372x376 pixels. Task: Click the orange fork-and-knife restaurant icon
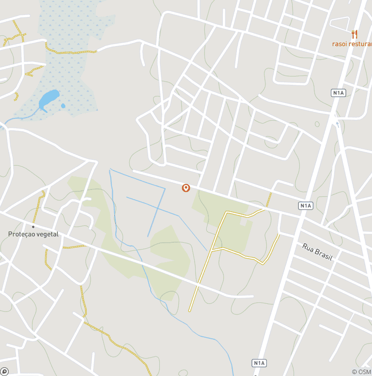355,34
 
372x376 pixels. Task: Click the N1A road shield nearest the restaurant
339,93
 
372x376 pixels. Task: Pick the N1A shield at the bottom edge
259,362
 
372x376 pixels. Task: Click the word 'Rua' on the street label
309,248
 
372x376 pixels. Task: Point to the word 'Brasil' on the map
324,255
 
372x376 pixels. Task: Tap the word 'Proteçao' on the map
22,235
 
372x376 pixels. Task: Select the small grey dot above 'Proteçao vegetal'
33,226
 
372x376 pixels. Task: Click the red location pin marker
186,188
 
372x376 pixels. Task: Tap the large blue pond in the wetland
49,99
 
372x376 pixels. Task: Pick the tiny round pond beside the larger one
63,106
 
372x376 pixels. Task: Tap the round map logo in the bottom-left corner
4,372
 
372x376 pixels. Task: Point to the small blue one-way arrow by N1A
338,124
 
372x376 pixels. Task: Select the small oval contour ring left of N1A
317,124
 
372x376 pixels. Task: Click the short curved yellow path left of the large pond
16,96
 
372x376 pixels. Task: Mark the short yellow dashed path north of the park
269,199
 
